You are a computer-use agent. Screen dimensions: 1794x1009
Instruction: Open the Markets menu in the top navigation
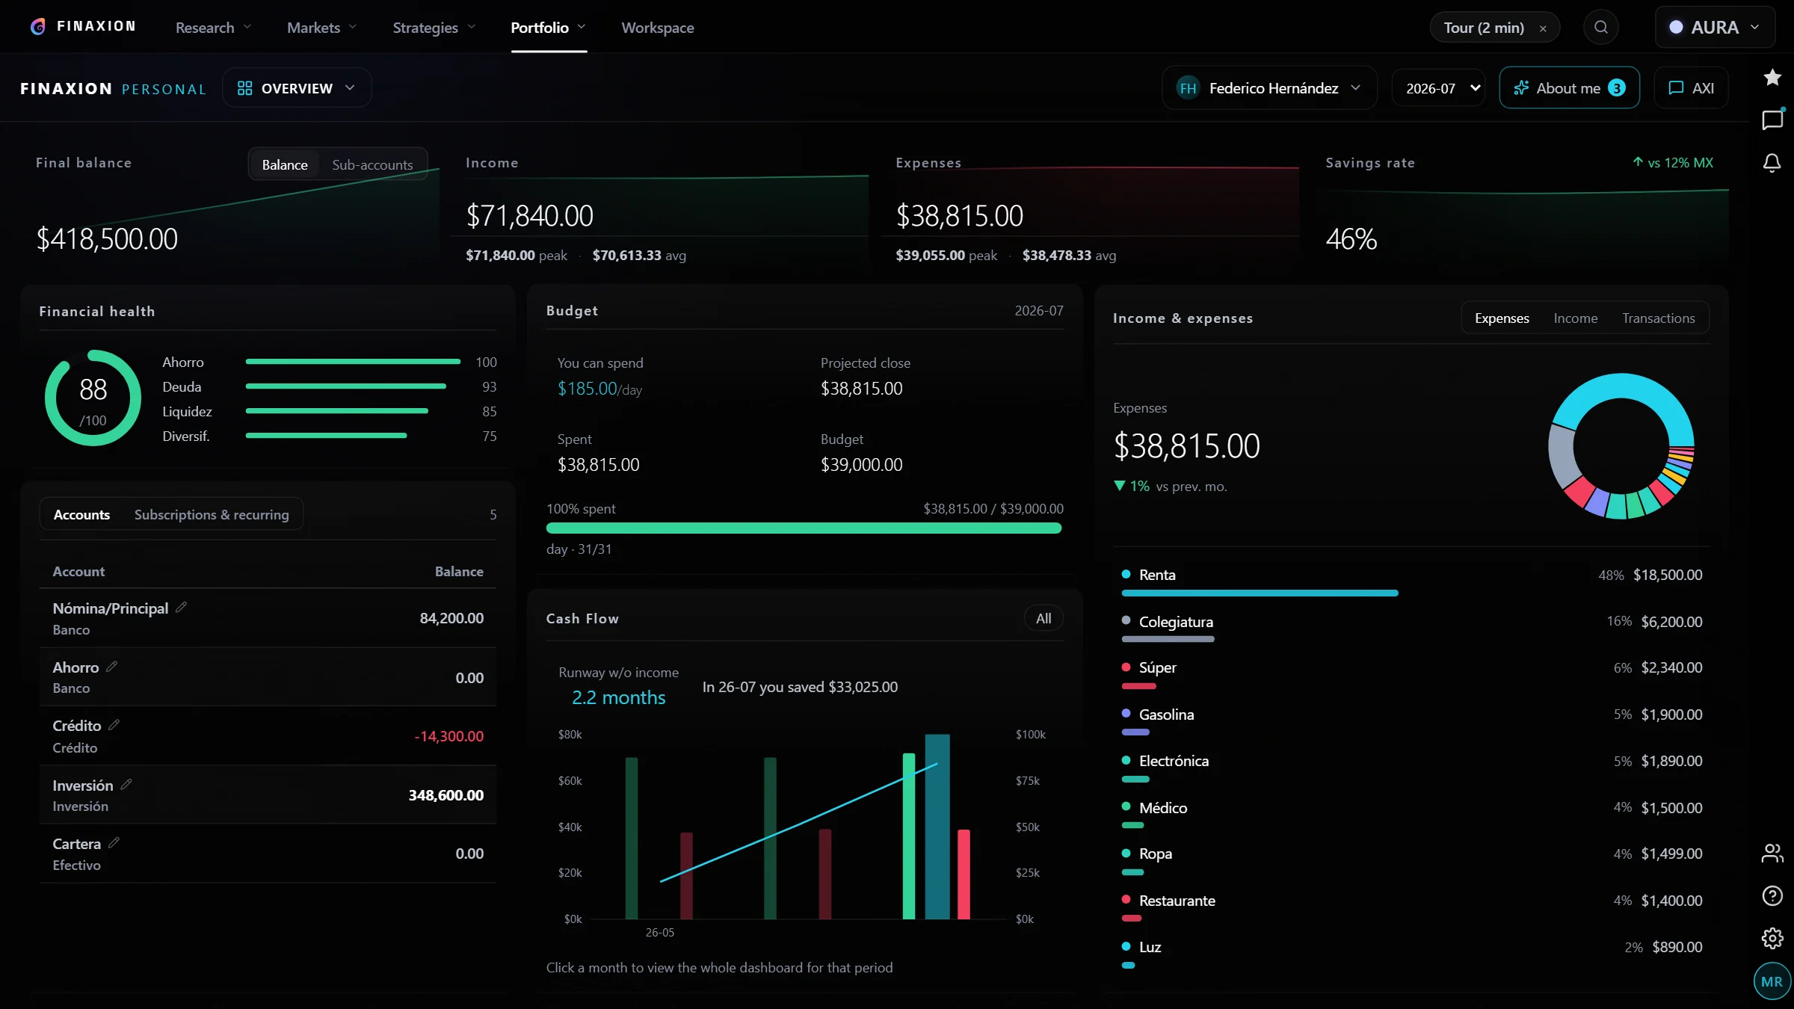point(321,28)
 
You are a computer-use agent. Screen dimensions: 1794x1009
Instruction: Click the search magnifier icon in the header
point(1600,28)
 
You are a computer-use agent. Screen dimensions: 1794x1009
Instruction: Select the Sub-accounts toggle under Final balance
point(372,164)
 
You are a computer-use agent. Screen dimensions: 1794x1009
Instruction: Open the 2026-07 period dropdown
point(1438,88)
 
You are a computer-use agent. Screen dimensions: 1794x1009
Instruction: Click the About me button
point(1569,88)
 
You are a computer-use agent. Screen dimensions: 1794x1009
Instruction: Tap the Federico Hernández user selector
point(1269,88)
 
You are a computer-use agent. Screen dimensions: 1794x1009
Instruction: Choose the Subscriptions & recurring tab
point(212,515)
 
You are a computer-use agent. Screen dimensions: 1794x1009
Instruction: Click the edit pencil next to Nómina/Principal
point(181,608)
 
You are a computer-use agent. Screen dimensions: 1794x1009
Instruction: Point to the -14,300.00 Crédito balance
point(449,736)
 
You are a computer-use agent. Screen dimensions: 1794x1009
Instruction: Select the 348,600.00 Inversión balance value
point(446,795)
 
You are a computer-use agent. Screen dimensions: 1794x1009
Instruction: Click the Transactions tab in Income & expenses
point(1658,318)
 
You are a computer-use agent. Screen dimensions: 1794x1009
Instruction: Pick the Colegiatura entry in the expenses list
point(1176,622)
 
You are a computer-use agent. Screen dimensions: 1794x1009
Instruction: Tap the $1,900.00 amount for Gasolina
point(1671,715)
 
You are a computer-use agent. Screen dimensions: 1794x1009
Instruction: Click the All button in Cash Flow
point(1044,619)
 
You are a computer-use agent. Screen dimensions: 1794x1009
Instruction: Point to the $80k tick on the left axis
point(570,735)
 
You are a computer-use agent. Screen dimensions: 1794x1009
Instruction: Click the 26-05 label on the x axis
point(660,933)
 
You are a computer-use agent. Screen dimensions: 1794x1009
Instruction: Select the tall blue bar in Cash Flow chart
point(937,827)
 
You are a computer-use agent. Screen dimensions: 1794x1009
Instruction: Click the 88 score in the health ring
point(93,389)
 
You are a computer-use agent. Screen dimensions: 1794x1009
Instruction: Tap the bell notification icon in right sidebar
point(1772,163)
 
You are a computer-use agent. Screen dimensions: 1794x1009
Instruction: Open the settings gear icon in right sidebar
point(1772,938)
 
